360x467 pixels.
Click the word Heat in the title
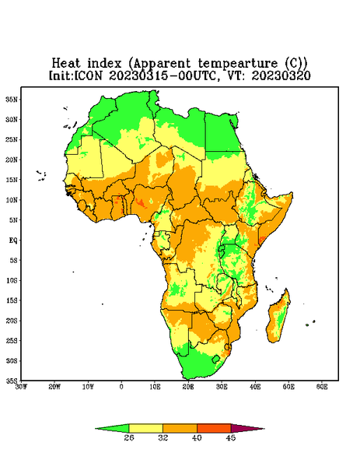66,64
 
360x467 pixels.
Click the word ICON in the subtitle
88,75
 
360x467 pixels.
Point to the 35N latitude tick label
12,100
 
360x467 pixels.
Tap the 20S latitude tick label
12,321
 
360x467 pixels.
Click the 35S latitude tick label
12,381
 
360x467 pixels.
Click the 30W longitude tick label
21,387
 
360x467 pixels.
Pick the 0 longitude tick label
121,387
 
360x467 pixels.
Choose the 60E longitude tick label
322,387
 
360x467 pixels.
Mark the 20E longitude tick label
188,387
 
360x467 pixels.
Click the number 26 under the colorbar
129,437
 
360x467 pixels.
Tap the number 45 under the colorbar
231,437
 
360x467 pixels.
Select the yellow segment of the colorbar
145,428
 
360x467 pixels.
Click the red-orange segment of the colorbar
214,428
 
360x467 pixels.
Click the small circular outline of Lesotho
216,359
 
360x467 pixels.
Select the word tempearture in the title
238,64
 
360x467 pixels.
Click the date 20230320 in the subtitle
281,75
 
